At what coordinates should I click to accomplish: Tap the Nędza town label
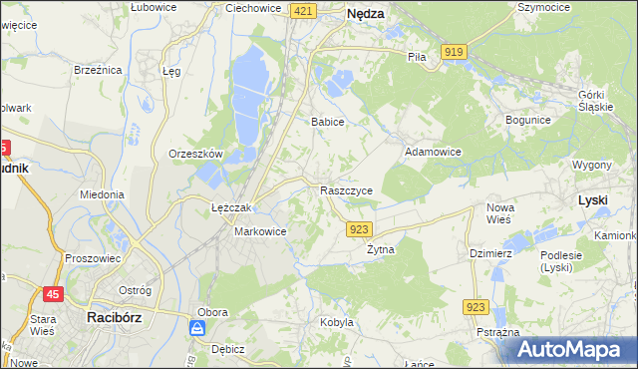366,14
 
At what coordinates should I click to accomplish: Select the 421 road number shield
305,11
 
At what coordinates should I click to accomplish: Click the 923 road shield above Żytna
361,229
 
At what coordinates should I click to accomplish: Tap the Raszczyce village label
346,190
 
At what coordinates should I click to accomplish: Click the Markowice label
260,231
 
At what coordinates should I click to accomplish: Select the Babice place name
327,122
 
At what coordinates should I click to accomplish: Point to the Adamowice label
432,153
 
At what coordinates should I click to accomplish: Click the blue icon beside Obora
198,328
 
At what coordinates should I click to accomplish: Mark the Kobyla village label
337,322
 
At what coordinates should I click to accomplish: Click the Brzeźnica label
98,70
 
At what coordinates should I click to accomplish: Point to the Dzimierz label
490,253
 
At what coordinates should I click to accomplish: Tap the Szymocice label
542,7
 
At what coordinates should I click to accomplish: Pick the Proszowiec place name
92,258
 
